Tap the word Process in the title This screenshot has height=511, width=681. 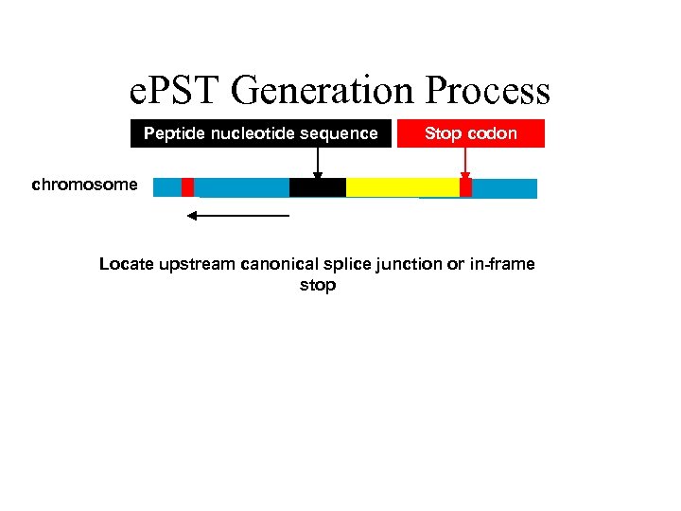pos(488,92)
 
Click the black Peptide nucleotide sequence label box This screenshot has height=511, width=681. pos(260,133)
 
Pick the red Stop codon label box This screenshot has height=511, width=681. pos(471,133)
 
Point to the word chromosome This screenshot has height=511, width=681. pos(84,185)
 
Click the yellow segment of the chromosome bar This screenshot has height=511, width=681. pos(402,187)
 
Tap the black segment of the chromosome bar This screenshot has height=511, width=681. pos(317,187)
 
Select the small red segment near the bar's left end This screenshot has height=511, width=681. pos(187,187)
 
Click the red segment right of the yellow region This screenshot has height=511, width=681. pos(465,187)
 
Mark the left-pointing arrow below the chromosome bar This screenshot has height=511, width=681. pos(237,216)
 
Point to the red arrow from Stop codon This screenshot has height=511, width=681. pos(465,161)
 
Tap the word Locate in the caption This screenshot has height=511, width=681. pos(127,264)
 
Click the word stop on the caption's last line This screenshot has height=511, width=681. pos(318,285)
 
